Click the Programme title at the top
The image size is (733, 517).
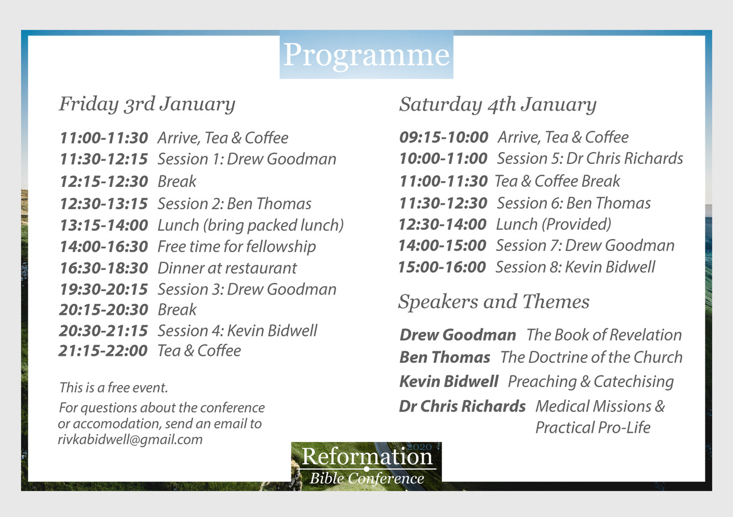(366, 55)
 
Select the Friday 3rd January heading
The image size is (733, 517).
(147, 104)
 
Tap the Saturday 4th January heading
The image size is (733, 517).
(498, 105)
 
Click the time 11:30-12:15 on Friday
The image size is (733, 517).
(104, 159)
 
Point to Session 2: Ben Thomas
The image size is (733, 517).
(234, 203)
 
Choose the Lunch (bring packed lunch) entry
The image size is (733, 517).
(251, 226)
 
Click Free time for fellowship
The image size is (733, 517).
(237, 246)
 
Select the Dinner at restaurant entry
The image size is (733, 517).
(227, 268)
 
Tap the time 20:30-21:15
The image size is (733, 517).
(104, 331)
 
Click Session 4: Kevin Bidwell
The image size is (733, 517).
(237, 331)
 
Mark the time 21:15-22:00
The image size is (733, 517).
(103, 351)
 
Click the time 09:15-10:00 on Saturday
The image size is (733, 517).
(444, 138)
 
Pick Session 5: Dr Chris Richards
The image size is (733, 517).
(590, 159)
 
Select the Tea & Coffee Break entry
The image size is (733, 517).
(557, 181)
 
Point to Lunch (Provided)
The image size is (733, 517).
(553, 225)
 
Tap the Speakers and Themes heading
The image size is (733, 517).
(494, 301)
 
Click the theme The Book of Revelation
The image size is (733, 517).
(604, 335)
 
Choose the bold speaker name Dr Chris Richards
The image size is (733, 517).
(462, 406)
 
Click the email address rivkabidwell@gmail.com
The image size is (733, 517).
(130, 440)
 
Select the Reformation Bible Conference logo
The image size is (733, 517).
(366, 466)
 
